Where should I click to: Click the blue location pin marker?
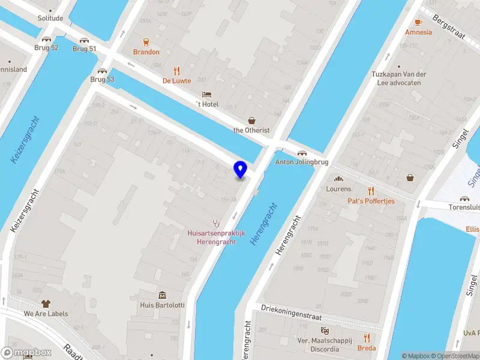(x=241, y=170)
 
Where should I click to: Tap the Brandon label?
(x=146, y=52)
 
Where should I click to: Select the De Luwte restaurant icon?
(x=176, y=70)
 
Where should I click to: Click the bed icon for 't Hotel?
(x=207, y=94)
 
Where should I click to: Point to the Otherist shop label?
(x=251, y=130)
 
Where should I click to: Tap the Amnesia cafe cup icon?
(x=418, y=22)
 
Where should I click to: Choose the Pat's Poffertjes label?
(x=371, y=201)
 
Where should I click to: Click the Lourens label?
(x=338, y=189)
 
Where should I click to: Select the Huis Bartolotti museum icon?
(x=162, y=295)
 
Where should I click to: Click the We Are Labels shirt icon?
(x=46, y=304)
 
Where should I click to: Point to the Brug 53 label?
(x=102, y=79)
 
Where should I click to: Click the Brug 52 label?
(x=46, y=47)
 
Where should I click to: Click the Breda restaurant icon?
(x=367, y=338)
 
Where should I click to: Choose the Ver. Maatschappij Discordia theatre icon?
(x=325, y=331)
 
